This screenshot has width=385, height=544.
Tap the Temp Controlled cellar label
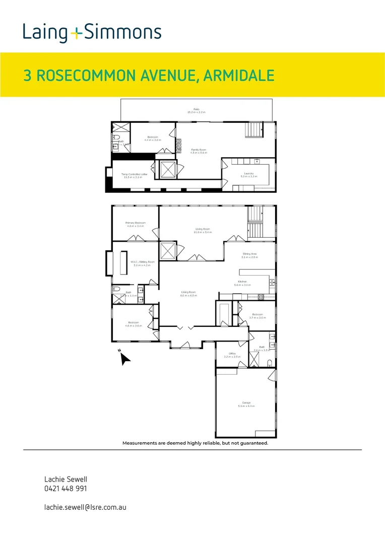(x=134, y=175)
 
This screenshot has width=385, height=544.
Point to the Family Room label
(x=198, y=151)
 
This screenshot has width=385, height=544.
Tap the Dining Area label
(x=249, y=255)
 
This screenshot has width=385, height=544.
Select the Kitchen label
(x=242, y=283)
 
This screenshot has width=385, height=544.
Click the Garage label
(x=246, y=404)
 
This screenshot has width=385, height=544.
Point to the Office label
(x=232, y=355)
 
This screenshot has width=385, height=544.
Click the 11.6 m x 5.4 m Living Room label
(x=203, y=231)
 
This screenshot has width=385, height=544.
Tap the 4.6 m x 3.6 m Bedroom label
(x=133, y=324)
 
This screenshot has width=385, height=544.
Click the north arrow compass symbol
(x=125, y=358)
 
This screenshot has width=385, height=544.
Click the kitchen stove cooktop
(x=261, y=297)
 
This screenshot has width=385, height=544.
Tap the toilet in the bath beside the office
(x=270, y=363)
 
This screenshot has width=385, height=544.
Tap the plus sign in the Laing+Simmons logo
(x=76, y=34)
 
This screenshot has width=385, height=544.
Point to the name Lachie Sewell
(x=62, y=479)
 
